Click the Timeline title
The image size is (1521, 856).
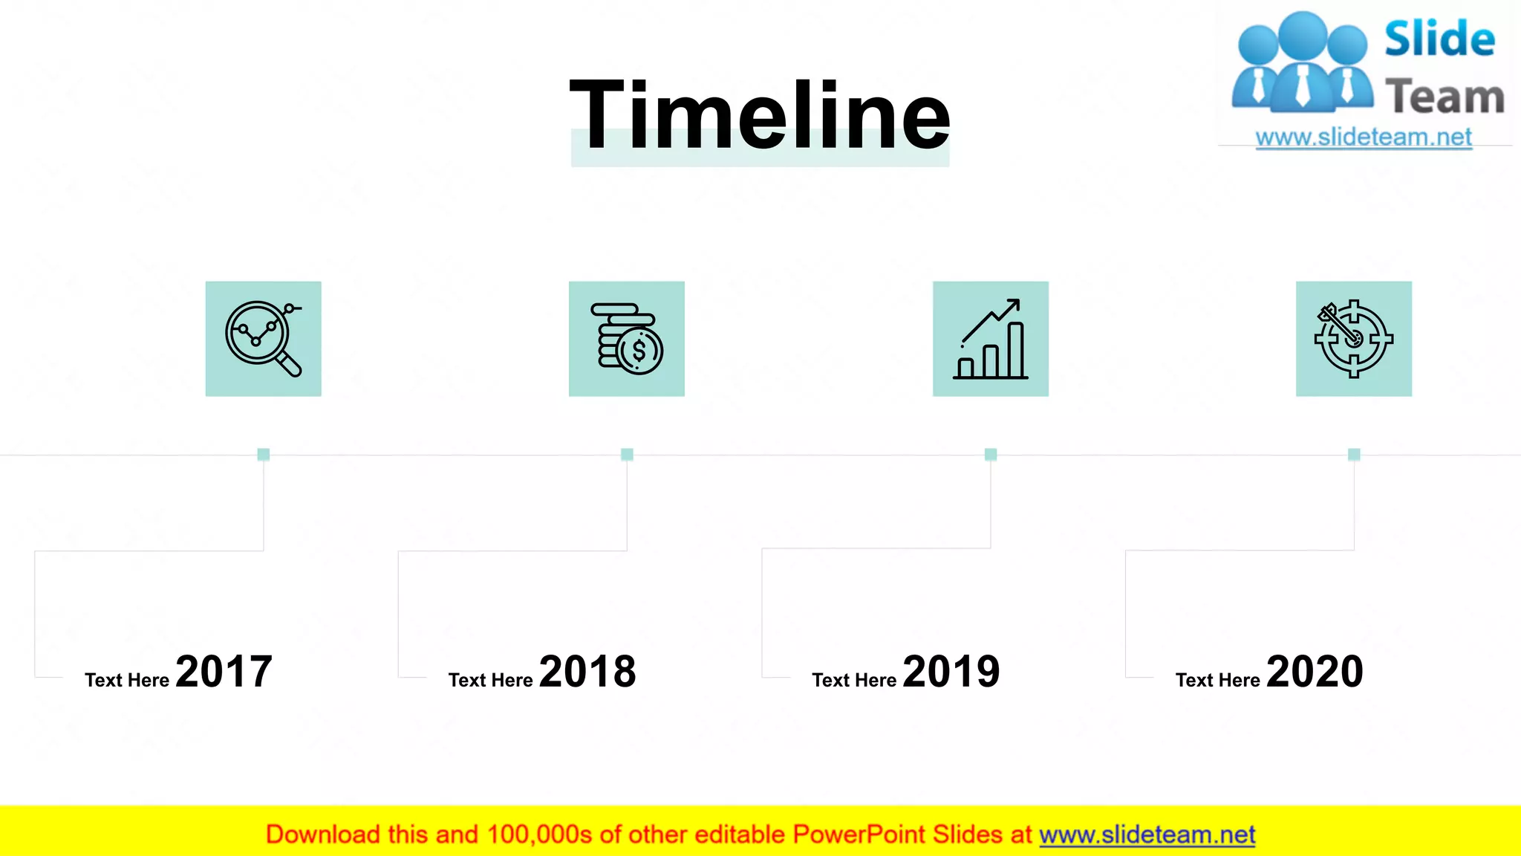pos(759,116)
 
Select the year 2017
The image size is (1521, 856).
pos(224,672)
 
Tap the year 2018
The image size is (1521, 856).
pos(587,672)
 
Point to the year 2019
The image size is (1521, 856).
pos(951,672)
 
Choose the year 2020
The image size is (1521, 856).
pos(1315,672)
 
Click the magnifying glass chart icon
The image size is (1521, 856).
pos(264,339)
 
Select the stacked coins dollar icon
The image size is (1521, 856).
pos(627,339)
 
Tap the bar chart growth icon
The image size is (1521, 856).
pos(991,339)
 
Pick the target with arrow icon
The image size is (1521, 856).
pos(1354,339)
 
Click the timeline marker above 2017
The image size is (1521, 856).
pos(264,454)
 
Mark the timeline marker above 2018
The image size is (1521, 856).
pos(627,454)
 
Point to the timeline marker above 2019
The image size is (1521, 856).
pos(991,454)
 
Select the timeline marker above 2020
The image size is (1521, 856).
pos(1354,454)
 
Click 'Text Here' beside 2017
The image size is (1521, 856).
pos(127,680)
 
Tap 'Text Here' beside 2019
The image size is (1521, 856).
pos(854,680)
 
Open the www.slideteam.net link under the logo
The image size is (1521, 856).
pos(1364,137)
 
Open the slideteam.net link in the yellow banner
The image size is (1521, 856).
pos(1147,835)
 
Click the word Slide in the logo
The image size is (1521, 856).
pos(1439,39)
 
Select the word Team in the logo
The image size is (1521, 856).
pos(1445,97)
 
